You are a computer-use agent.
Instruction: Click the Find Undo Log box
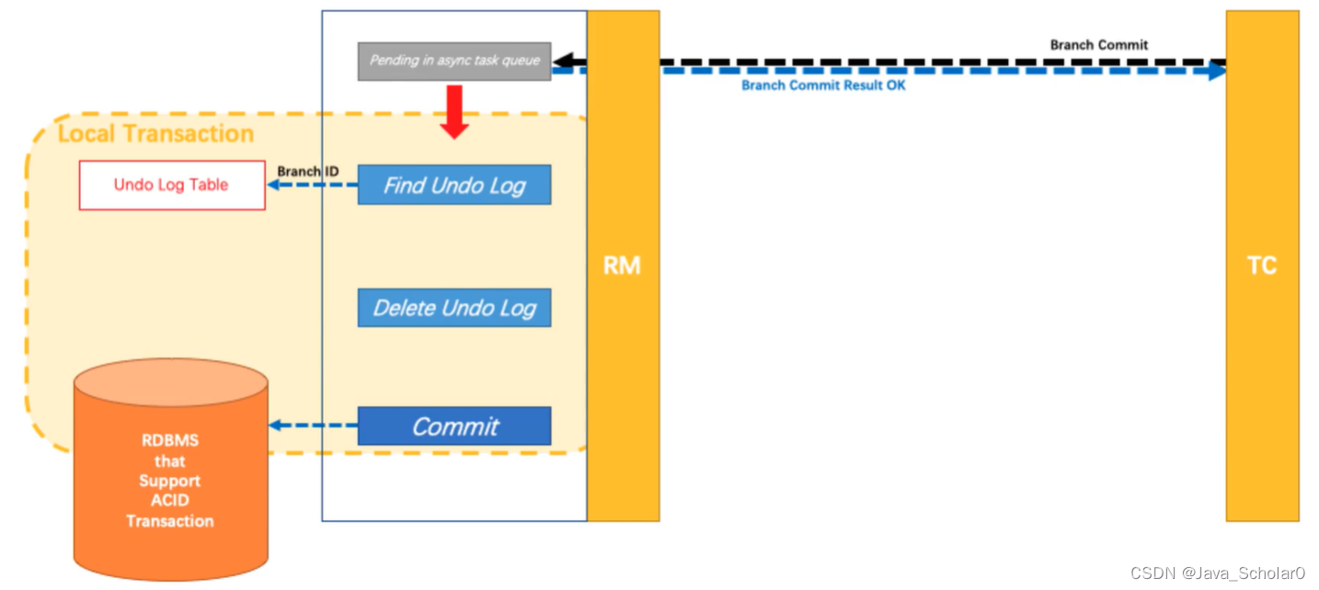454,185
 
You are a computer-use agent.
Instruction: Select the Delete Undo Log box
454,308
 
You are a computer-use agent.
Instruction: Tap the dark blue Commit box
454,425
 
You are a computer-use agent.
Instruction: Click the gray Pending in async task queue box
454,62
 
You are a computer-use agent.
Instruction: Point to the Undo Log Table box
172,185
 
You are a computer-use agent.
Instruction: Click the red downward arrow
454,112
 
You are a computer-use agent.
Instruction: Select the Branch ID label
308,171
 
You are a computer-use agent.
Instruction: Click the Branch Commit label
1099,45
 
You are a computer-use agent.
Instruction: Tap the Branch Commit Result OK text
823,85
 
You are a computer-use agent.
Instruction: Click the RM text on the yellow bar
622,266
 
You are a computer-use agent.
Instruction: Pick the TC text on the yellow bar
1262,266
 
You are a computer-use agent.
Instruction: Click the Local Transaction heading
156,133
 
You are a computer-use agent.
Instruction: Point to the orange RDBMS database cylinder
171,470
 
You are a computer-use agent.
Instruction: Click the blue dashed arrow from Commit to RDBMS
314,425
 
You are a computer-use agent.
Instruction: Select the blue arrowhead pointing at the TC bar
1217,71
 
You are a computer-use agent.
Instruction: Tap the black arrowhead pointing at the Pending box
563,61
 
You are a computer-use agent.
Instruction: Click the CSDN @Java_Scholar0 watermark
1217,573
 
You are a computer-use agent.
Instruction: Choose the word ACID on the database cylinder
170,500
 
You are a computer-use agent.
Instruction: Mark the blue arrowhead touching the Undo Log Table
273,185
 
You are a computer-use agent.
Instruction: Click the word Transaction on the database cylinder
170,521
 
